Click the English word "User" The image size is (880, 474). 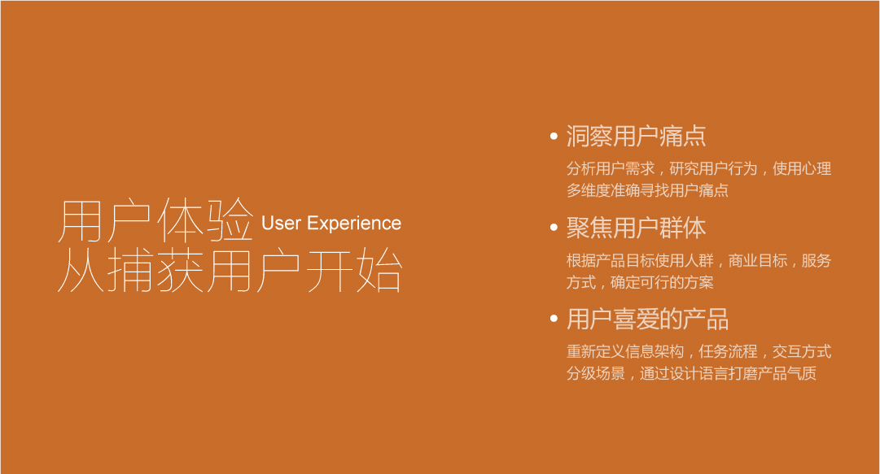point(281,224)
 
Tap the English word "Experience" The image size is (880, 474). point(354,224)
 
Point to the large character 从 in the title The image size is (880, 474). point(81,271)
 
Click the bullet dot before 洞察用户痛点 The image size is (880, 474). point(554,136)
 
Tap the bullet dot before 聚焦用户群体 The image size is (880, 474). point(554,228)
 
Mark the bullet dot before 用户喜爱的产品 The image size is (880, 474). point(554,319)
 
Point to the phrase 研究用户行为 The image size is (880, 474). point(713,169)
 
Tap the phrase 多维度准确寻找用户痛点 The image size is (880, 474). point(647,191)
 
